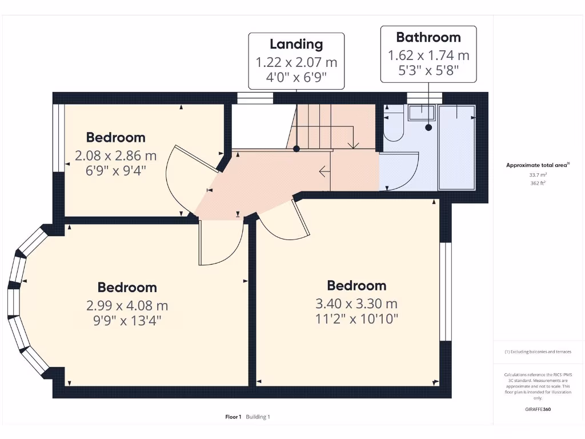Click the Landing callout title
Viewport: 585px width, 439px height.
296,44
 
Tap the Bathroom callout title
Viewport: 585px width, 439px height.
428,37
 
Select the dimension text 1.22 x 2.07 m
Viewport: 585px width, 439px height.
296,62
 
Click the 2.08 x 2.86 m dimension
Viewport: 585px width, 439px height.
115,155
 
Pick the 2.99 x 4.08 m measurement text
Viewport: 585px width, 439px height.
127,305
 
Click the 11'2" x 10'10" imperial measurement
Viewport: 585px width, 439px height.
356,318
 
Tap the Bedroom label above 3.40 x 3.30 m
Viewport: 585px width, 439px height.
356,285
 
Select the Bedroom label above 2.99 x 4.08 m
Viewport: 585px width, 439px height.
127,287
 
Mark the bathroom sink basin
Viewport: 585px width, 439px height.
422,113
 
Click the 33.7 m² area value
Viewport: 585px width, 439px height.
537,175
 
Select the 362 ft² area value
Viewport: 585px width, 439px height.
537,183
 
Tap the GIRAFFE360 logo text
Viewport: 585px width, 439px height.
538,409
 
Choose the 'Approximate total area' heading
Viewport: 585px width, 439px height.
537,165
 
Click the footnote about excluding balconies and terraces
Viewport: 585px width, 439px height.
537,352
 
